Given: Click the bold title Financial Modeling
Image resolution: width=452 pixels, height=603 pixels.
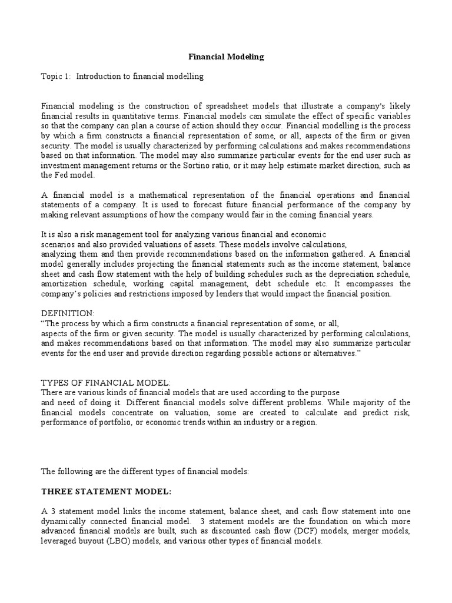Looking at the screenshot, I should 226,57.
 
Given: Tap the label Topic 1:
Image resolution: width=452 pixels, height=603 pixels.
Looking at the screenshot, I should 55,77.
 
